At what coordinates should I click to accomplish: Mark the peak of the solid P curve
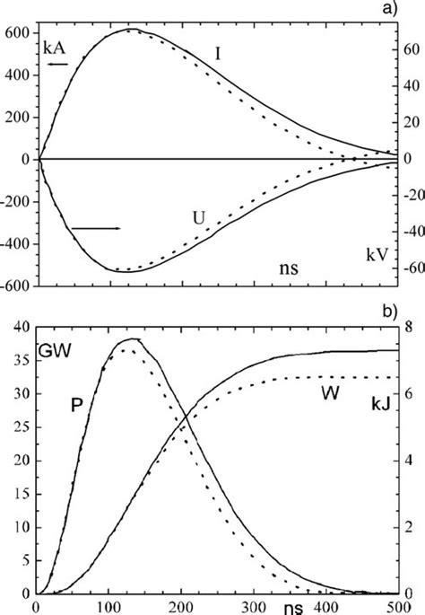coord(133,338)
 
